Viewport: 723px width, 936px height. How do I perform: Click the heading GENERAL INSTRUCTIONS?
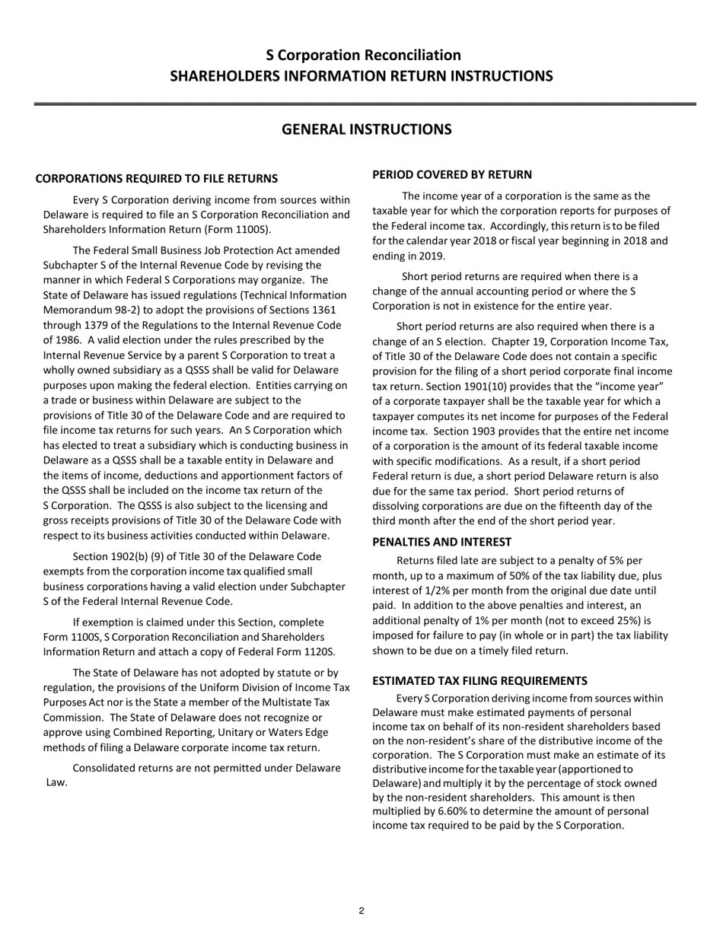pyautogui.click(x=366, y=129)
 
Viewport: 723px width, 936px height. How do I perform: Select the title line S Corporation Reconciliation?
pyautogui.click(x=363, y=56)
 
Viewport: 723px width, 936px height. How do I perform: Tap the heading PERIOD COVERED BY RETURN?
pyautogui.click(x=452, y=175)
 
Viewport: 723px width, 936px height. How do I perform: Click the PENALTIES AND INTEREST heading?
pyautogui.click(x=441, y=543)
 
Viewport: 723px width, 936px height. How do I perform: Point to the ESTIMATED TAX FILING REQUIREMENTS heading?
pyautogui.click(x=479, y=681)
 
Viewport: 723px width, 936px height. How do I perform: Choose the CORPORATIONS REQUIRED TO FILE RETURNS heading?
pyautogui.click(x=156, y=179)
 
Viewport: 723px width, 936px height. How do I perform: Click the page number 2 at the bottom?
pyautogui.click(x=361, y=911)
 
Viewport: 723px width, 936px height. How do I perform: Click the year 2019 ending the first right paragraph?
pyautogui.click(x=432, y=256)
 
